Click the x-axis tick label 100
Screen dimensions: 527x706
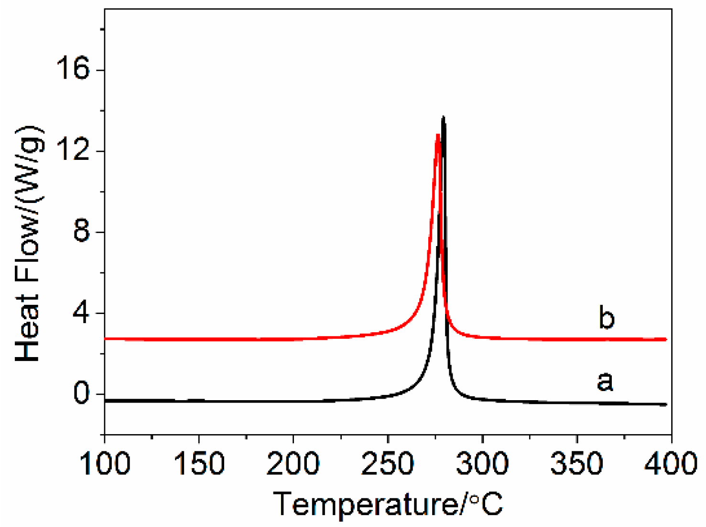[105, 463]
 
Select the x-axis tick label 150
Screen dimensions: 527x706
[199, 463]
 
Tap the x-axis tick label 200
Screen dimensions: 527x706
[293, 463]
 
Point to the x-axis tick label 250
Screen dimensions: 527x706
[388, 463]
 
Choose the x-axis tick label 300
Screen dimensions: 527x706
[482, 463]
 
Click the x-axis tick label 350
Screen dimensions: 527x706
[577, 463]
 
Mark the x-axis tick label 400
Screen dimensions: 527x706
[671, 463]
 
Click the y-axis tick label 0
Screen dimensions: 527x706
[81, 394]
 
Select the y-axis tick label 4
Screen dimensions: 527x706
[81, 313]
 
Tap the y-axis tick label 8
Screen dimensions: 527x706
[81, 232]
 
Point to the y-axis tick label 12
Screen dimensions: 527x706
[73, 151]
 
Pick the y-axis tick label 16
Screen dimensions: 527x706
[73, 70]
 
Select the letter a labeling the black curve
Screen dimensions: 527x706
[605, 381]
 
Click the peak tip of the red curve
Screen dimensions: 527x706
[437, 135]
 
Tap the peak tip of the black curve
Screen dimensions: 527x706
[444, 117]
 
